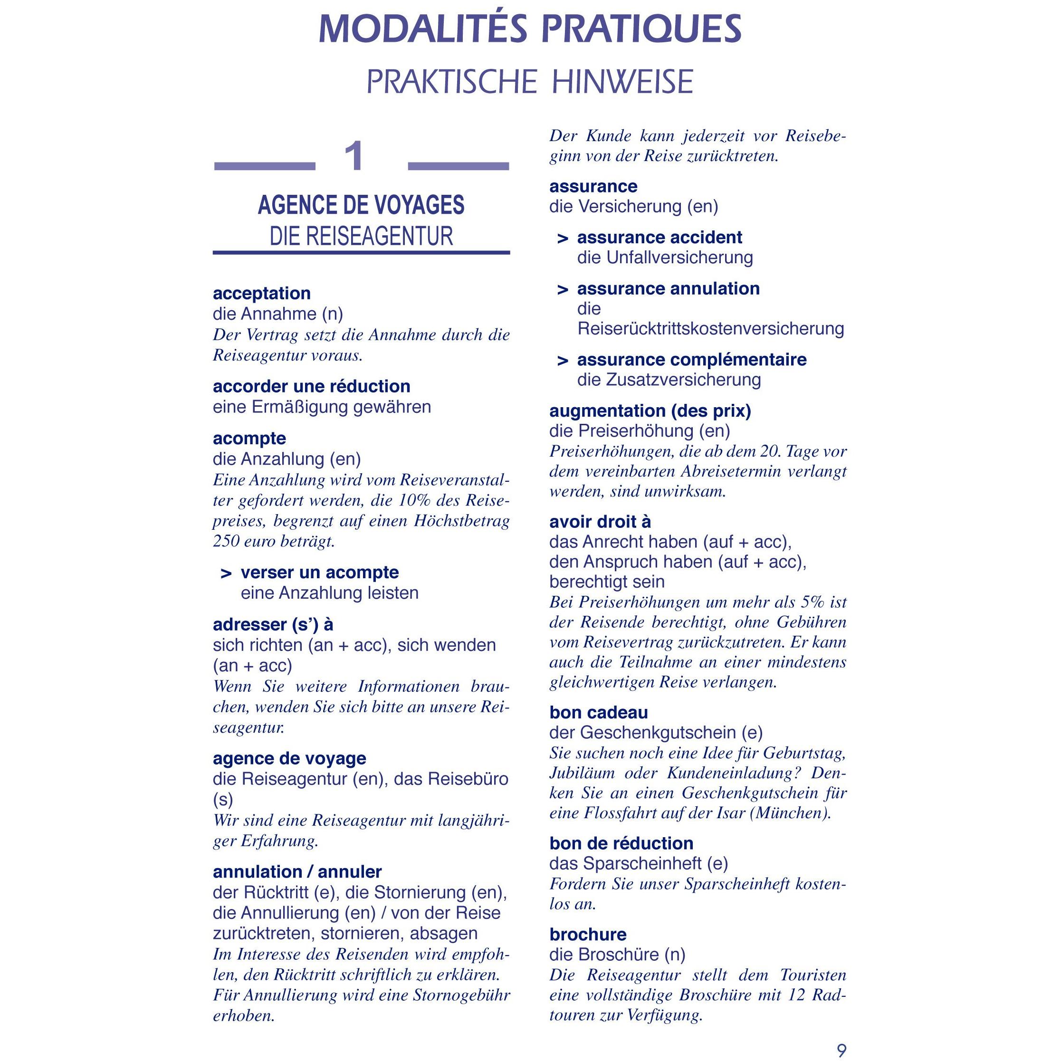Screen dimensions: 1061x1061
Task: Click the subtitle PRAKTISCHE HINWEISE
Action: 530,82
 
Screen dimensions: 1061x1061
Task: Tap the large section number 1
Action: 355,156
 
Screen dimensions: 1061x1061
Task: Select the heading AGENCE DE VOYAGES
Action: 361,205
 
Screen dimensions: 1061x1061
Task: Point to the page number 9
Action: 841,1050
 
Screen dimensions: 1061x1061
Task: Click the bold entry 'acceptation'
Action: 261,293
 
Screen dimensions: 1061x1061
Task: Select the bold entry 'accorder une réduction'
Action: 311,386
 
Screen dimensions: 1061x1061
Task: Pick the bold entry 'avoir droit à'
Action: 600,521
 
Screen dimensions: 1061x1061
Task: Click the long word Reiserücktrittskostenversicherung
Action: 710,328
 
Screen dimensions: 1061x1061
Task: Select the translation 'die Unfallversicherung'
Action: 665,258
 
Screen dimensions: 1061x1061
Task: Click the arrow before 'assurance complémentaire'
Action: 563,361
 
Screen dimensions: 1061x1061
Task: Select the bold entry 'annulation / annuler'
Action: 297,871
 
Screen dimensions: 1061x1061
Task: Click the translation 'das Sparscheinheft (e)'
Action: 638,863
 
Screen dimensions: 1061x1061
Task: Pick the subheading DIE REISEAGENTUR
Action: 361,236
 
